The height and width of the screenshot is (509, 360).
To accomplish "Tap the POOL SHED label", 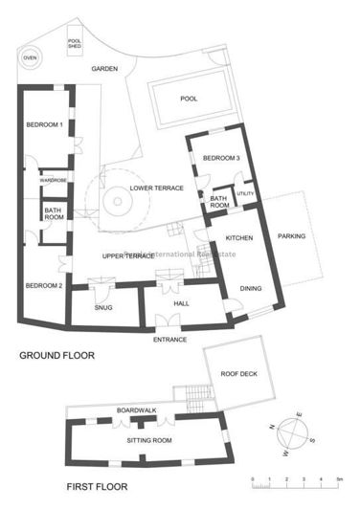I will (x=74, y=43).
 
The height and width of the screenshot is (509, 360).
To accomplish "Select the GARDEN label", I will (x=104, y=70).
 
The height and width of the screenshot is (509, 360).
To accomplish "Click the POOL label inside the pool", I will (x=190, y=99).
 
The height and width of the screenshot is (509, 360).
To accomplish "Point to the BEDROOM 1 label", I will (x=44, y=124).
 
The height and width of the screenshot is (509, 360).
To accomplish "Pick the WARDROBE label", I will (x=52, y=180).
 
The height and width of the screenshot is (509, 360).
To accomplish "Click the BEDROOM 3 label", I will (x=220, y=157).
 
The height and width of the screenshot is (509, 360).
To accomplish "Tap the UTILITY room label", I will (x=245, y=194).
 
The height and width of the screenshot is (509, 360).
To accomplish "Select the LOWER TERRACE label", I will (x=156, y=188).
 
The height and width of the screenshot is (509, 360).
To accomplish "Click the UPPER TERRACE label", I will (x=128, y=256).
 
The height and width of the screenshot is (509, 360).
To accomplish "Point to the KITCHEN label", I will (x=238, y=236).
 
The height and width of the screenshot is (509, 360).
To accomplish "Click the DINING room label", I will (x=251, y=287).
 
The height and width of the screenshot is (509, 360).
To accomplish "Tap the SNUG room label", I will (x=103, y=307).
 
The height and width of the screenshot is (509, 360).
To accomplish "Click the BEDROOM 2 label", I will (x=44, y=285).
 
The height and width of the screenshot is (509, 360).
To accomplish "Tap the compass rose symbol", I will (x=292, y=436).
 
